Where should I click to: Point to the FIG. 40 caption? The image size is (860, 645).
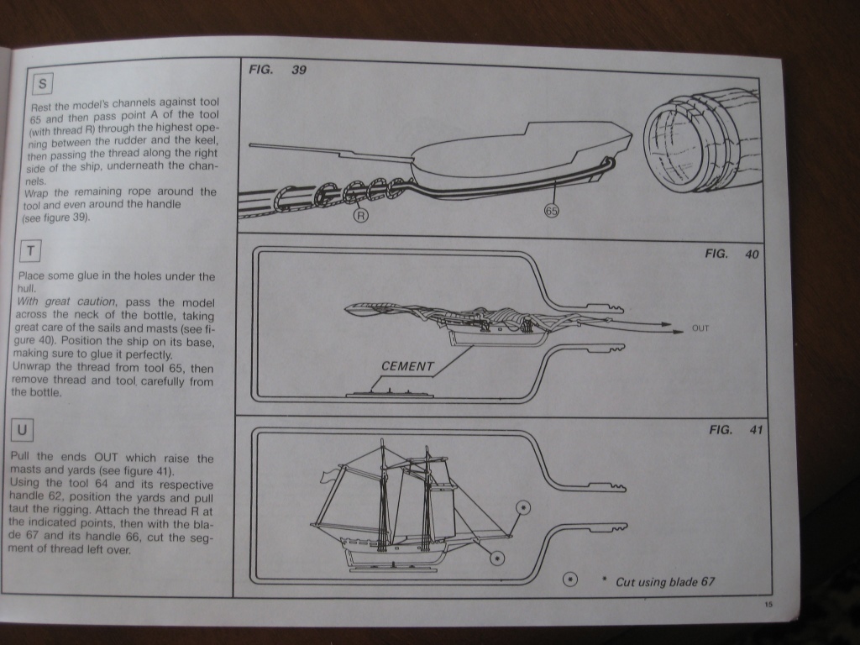pos(732,254)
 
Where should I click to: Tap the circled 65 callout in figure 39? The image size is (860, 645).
pos(552,210)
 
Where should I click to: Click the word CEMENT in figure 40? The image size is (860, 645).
pos(407,366)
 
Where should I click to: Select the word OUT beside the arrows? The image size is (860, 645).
pos(700,328)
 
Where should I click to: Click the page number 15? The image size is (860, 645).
pos(768,605)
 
